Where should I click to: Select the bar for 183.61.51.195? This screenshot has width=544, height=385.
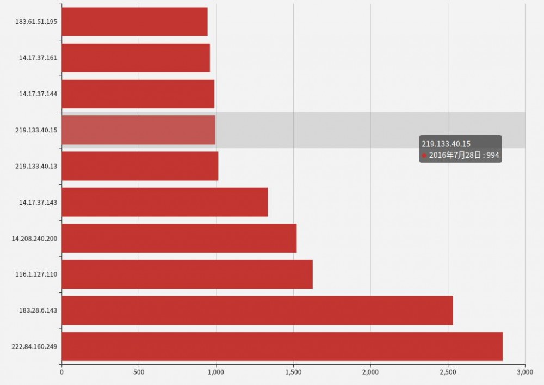click(134, 22)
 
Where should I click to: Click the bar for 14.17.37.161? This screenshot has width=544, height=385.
click(135, 58)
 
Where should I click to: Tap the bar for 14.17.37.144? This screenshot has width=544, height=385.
click(138, 94)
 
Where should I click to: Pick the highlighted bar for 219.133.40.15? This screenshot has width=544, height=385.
click(138, 130)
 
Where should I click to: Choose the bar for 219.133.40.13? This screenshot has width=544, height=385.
click(140, 166)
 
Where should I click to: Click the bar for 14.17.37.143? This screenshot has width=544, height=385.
click(164, 202)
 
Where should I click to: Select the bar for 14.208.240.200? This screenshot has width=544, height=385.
click(179, 238)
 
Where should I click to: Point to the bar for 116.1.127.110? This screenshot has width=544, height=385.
click(187, 274)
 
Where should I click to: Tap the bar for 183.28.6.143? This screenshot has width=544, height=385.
click(257, 310)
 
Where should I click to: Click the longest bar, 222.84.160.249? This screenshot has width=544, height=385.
click(282, 346)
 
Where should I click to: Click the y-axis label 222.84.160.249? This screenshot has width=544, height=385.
click(34, 346)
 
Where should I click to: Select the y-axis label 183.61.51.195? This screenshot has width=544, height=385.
click(36, 22)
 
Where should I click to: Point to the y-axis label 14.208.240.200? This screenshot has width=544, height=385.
click(34, 238)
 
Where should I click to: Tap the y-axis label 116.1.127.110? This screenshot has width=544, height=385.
click(36, 274)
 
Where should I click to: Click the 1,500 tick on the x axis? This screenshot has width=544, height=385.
click(293, 372)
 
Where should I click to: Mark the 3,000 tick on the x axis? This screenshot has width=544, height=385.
click(524, 372)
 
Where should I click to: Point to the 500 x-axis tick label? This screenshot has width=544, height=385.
click(139, 372)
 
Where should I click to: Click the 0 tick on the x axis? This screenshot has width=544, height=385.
click(61, 372)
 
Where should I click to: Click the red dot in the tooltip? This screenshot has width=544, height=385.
click(424, 155)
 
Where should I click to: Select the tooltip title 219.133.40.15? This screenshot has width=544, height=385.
click(446, 144)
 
